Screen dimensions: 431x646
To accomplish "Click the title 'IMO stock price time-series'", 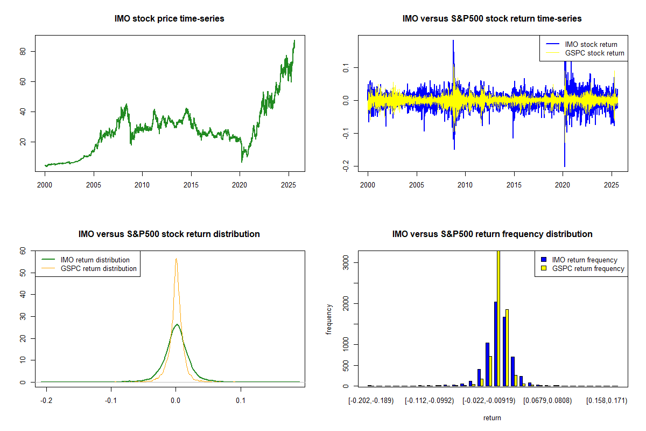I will tap(170, 19).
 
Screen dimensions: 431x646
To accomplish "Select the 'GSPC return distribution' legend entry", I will tap(99, 268).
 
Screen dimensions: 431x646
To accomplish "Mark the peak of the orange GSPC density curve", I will tap(175, 259).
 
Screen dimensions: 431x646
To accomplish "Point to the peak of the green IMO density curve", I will tap(176, 324).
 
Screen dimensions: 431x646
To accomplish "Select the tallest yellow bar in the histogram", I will tap(498, 318).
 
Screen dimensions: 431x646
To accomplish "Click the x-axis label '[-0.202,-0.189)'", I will tap(371, 401).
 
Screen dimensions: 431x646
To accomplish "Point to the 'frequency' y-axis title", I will tap(329, 319).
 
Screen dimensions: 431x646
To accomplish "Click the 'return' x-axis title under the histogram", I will tap(492, 418).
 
